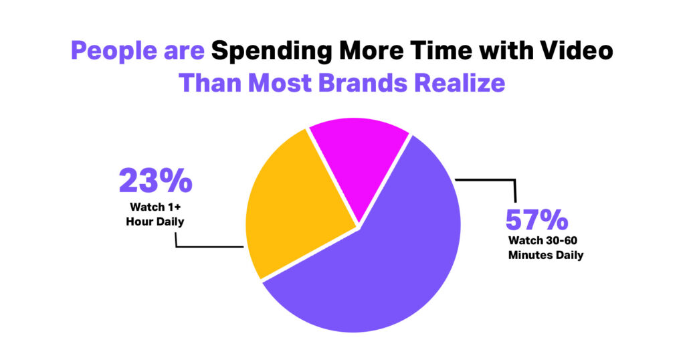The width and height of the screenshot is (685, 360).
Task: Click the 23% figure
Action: [x=155, y=181]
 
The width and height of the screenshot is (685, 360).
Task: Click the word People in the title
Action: [x=114, y=52]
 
